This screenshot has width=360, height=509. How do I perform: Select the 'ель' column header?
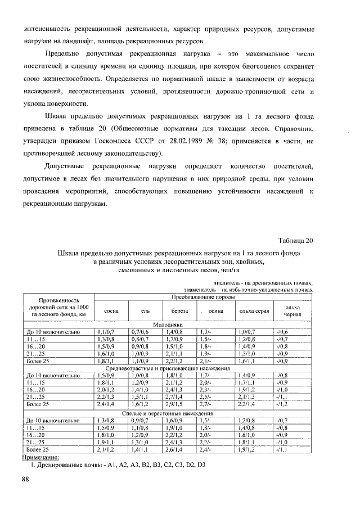coord(145,311)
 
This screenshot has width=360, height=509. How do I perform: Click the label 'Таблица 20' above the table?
coord(295,241)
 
